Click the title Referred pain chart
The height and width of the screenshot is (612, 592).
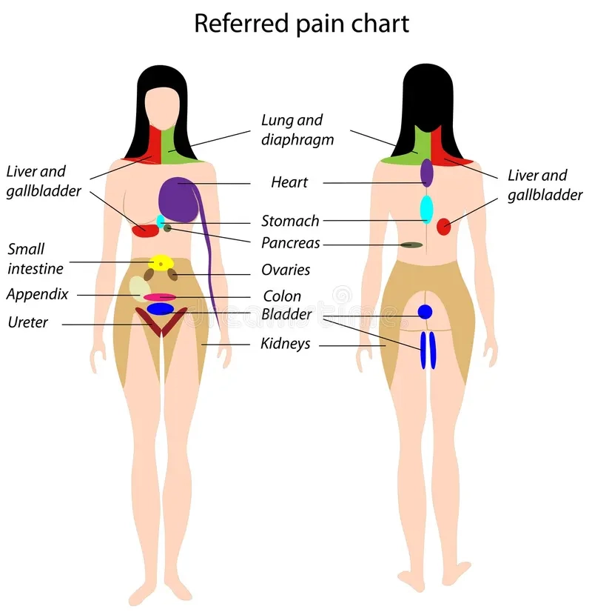pyautogui.click(x=301, y=23)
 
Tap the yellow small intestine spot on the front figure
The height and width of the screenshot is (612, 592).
pyautogui.click(x=161, y=263)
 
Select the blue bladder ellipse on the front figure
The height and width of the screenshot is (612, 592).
pyautogui.click(x=160, y=309)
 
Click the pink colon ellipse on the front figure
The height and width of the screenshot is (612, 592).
pyautogui.click(x=159, y=297)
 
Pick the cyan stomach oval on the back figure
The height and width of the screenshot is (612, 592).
pyautogui.click(x=426, y=209)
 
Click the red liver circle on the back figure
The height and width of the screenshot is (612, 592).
pyautogui.click(x=443, y=227)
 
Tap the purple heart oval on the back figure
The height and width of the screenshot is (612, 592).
pyautogui.click(x=427, y=172)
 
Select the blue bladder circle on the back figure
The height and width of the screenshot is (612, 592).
pyautogui.click(x=425, y=312)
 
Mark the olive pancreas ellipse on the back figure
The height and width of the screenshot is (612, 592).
pyautogui.click(x=411, y=245)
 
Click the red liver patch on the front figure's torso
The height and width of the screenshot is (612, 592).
pyautogui.click(x=145, y=231)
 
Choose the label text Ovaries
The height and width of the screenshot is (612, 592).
pyautogui.click(x=286, y=270)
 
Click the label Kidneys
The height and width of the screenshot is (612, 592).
pyautogui.click(x=285, y=345)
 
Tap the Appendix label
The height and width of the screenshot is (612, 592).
pyautogui.click(x=37, y=294)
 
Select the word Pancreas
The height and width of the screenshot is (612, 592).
pyautogui.click(x=290, y=243)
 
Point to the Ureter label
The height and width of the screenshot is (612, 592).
pyautogui.click(x=27, y=322)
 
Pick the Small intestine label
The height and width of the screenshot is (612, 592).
pyautogui.click(x=35, y=259)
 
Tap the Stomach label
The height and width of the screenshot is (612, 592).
pyautogui.click(x=290, y=221)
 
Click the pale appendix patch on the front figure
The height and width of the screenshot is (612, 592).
pyautogui.click(x=139, y=287)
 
